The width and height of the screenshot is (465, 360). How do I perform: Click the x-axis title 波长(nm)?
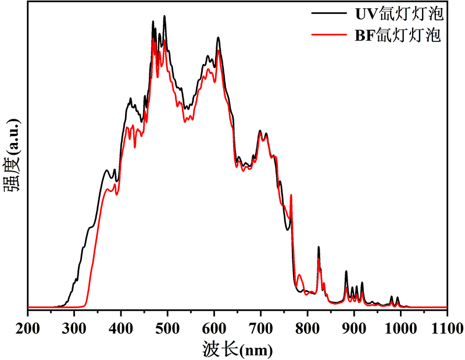237,349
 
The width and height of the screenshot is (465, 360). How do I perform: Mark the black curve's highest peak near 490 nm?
165,17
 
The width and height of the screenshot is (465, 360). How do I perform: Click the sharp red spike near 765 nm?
291,196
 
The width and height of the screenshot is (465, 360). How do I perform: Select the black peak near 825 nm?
319,247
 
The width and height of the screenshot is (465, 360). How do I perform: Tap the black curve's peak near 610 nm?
218,38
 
